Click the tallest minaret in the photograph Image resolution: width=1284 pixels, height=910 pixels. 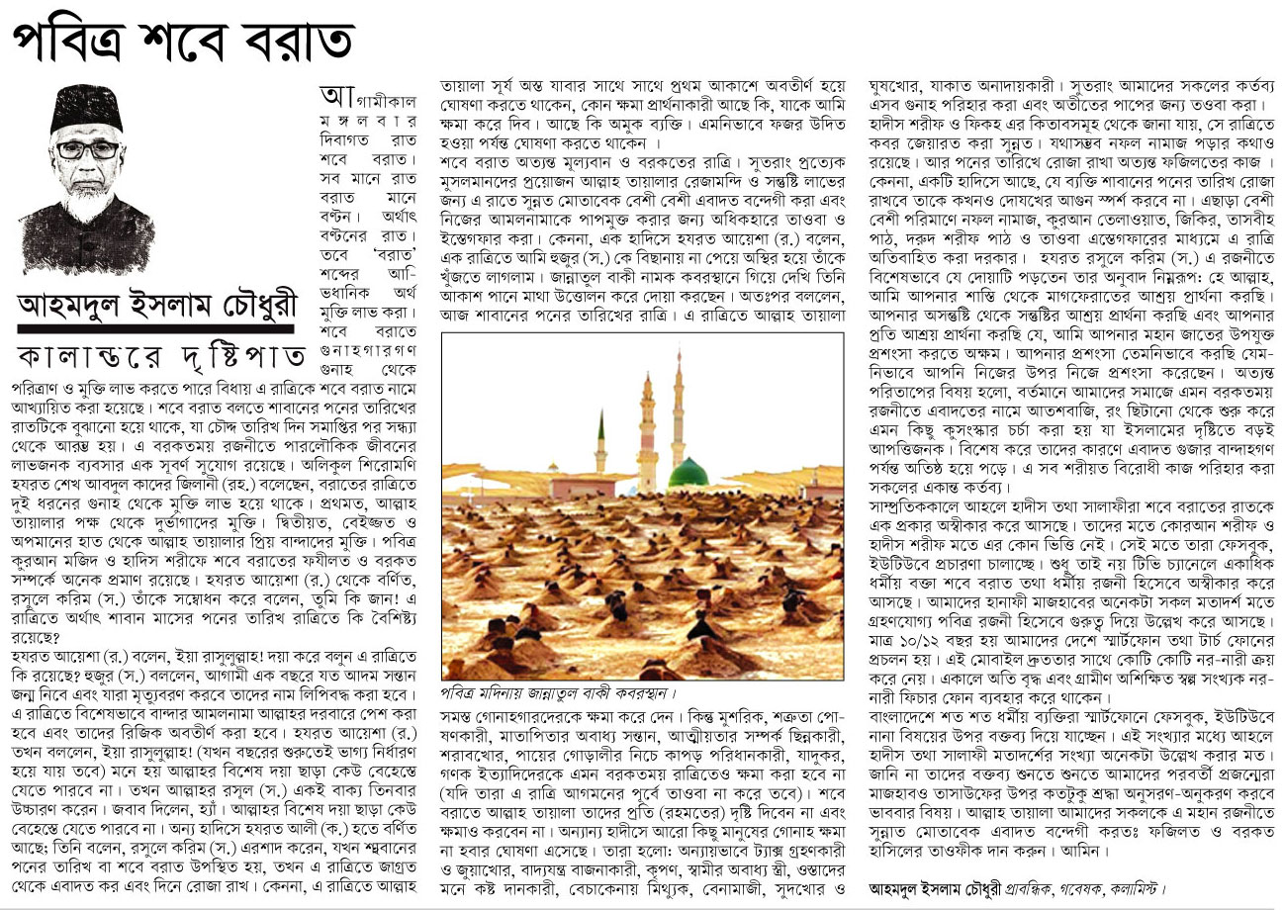pyautogui.click(x=680, y=406)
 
